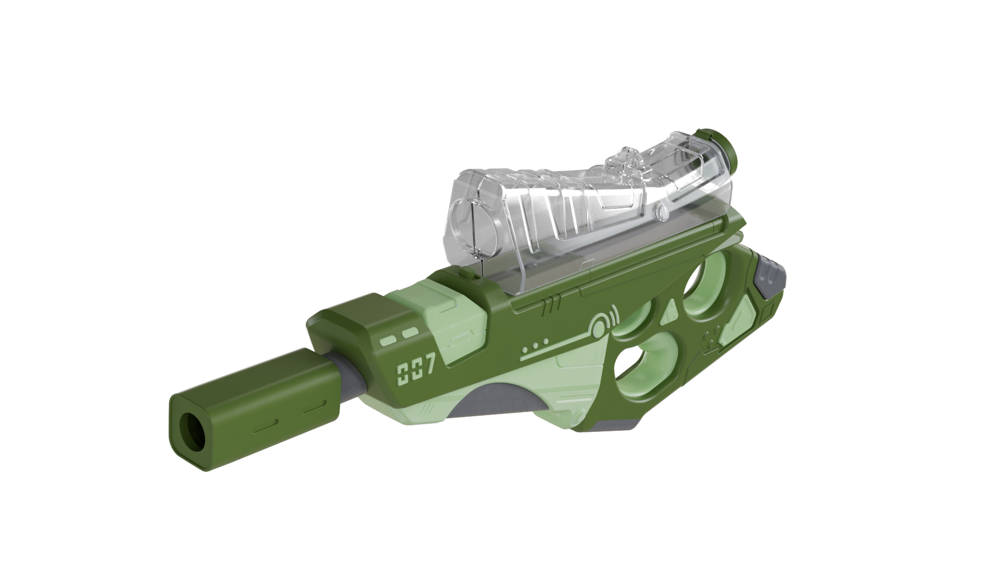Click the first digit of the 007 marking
point(403,374)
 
